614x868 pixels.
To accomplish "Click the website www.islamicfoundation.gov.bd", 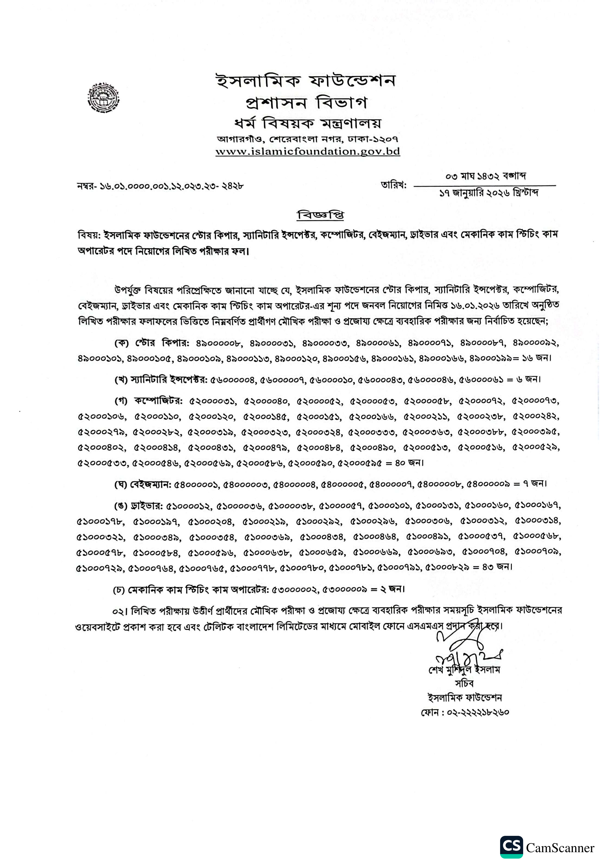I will [307, 152].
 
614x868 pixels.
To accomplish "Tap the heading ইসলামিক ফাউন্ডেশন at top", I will [306, 81].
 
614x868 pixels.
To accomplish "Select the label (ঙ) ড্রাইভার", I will [138, 505].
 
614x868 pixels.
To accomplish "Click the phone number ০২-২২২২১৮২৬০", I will [478, 712].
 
